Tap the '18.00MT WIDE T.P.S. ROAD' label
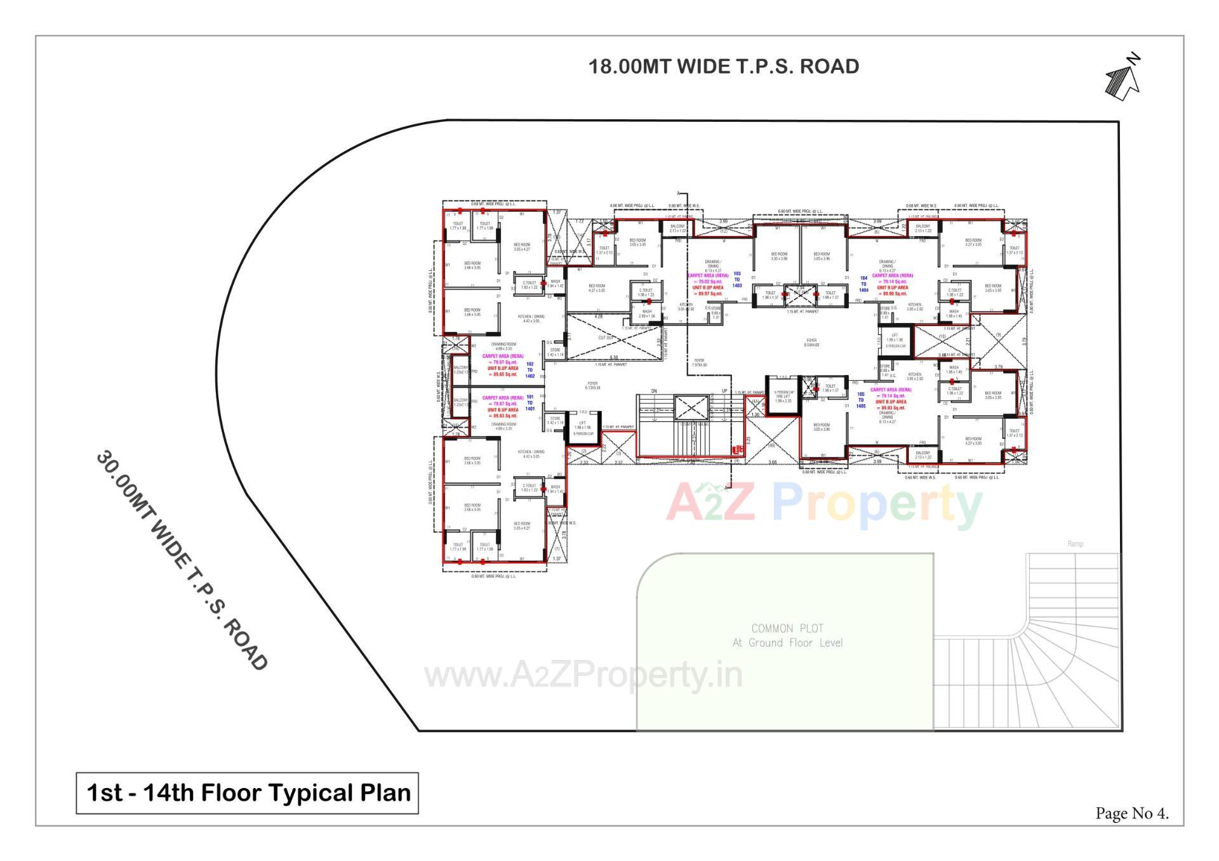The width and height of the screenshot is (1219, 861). click(723, 67)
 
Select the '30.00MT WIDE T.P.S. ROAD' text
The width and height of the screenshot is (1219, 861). click(182, 560)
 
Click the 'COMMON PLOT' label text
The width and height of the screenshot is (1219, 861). click(787, 628)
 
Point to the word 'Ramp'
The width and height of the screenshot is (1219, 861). click(1075, 544)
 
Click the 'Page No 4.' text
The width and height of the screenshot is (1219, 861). click(1131, 813)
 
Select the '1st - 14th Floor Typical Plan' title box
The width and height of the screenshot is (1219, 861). click(247, 793)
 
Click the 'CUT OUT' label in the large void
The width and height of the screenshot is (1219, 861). click(606, 338)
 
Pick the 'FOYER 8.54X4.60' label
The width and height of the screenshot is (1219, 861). click(811, 343)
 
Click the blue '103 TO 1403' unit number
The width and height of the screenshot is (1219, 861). click(736, 280)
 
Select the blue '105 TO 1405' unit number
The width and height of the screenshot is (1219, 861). click(860, 400)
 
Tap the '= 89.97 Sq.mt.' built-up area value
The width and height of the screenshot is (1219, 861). click(708, 294)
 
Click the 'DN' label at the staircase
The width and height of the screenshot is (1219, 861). click(654, 391)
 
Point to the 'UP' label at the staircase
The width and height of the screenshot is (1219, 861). click(724, 391)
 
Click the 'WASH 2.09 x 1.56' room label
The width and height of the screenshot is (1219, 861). click(646, 313)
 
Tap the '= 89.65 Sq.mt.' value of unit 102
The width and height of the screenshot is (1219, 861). click(503, 374)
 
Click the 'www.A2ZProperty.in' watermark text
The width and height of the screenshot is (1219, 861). click(583, 675)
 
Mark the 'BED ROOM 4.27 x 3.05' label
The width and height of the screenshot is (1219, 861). click(596, 288)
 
